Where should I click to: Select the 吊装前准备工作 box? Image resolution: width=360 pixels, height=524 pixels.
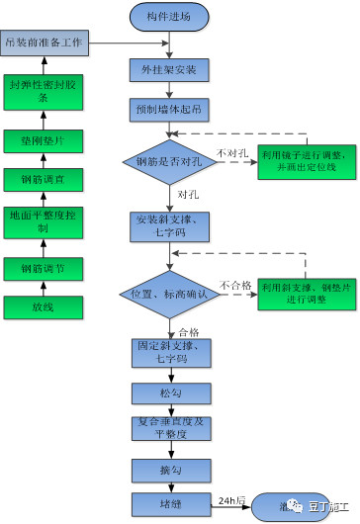point(46,44)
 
